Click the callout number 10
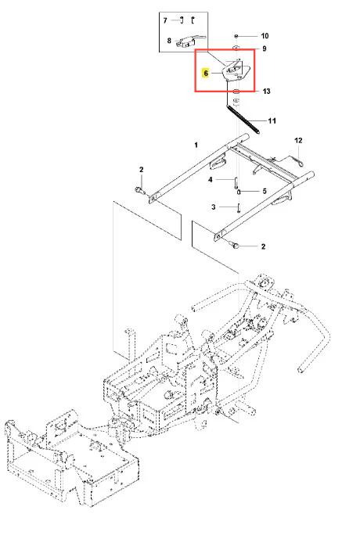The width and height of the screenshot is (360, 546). pos(265,36)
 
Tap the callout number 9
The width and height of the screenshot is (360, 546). pos(265,48)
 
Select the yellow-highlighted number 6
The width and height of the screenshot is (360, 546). pos(206,74)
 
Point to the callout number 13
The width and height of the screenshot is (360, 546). pos(266,92)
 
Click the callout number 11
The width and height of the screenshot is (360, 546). pos(272,120)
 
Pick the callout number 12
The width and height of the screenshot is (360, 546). pos(298,140)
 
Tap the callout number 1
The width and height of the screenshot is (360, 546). pos(196,145)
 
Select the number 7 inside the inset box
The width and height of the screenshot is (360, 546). pos(165,20)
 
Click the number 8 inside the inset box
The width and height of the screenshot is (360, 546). pos(169,41)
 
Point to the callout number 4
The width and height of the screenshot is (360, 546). pos(211,180)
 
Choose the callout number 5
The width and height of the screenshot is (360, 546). pos(265,191)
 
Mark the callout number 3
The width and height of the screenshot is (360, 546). pos(214,207)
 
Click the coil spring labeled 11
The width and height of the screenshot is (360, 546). pos(243,119)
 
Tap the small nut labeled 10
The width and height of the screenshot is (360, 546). pos(236,36)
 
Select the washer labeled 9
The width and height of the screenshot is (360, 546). pos(236,48)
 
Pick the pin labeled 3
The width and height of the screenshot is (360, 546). pos(239,207)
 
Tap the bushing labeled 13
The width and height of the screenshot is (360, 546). pos(236,92)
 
